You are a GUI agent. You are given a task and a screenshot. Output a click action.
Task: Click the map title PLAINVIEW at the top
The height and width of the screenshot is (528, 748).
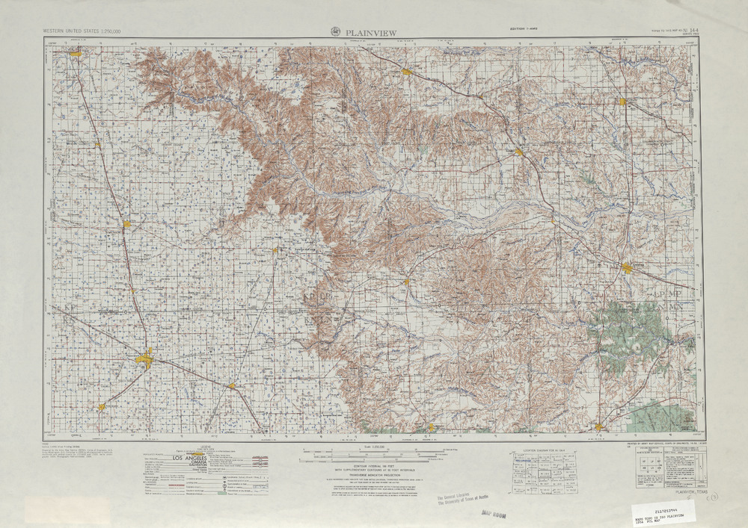[x=371, y=32]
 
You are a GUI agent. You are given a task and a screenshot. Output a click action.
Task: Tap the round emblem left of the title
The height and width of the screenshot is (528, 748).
[x=335, y=31]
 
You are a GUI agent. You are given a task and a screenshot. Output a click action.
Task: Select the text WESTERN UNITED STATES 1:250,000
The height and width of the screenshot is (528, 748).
[x=82, y=31]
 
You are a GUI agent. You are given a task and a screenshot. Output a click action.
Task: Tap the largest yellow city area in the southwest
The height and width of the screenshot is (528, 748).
[x=144, y=360]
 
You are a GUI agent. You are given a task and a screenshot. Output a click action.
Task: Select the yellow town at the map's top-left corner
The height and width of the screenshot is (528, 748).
[x=76, y=54]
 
